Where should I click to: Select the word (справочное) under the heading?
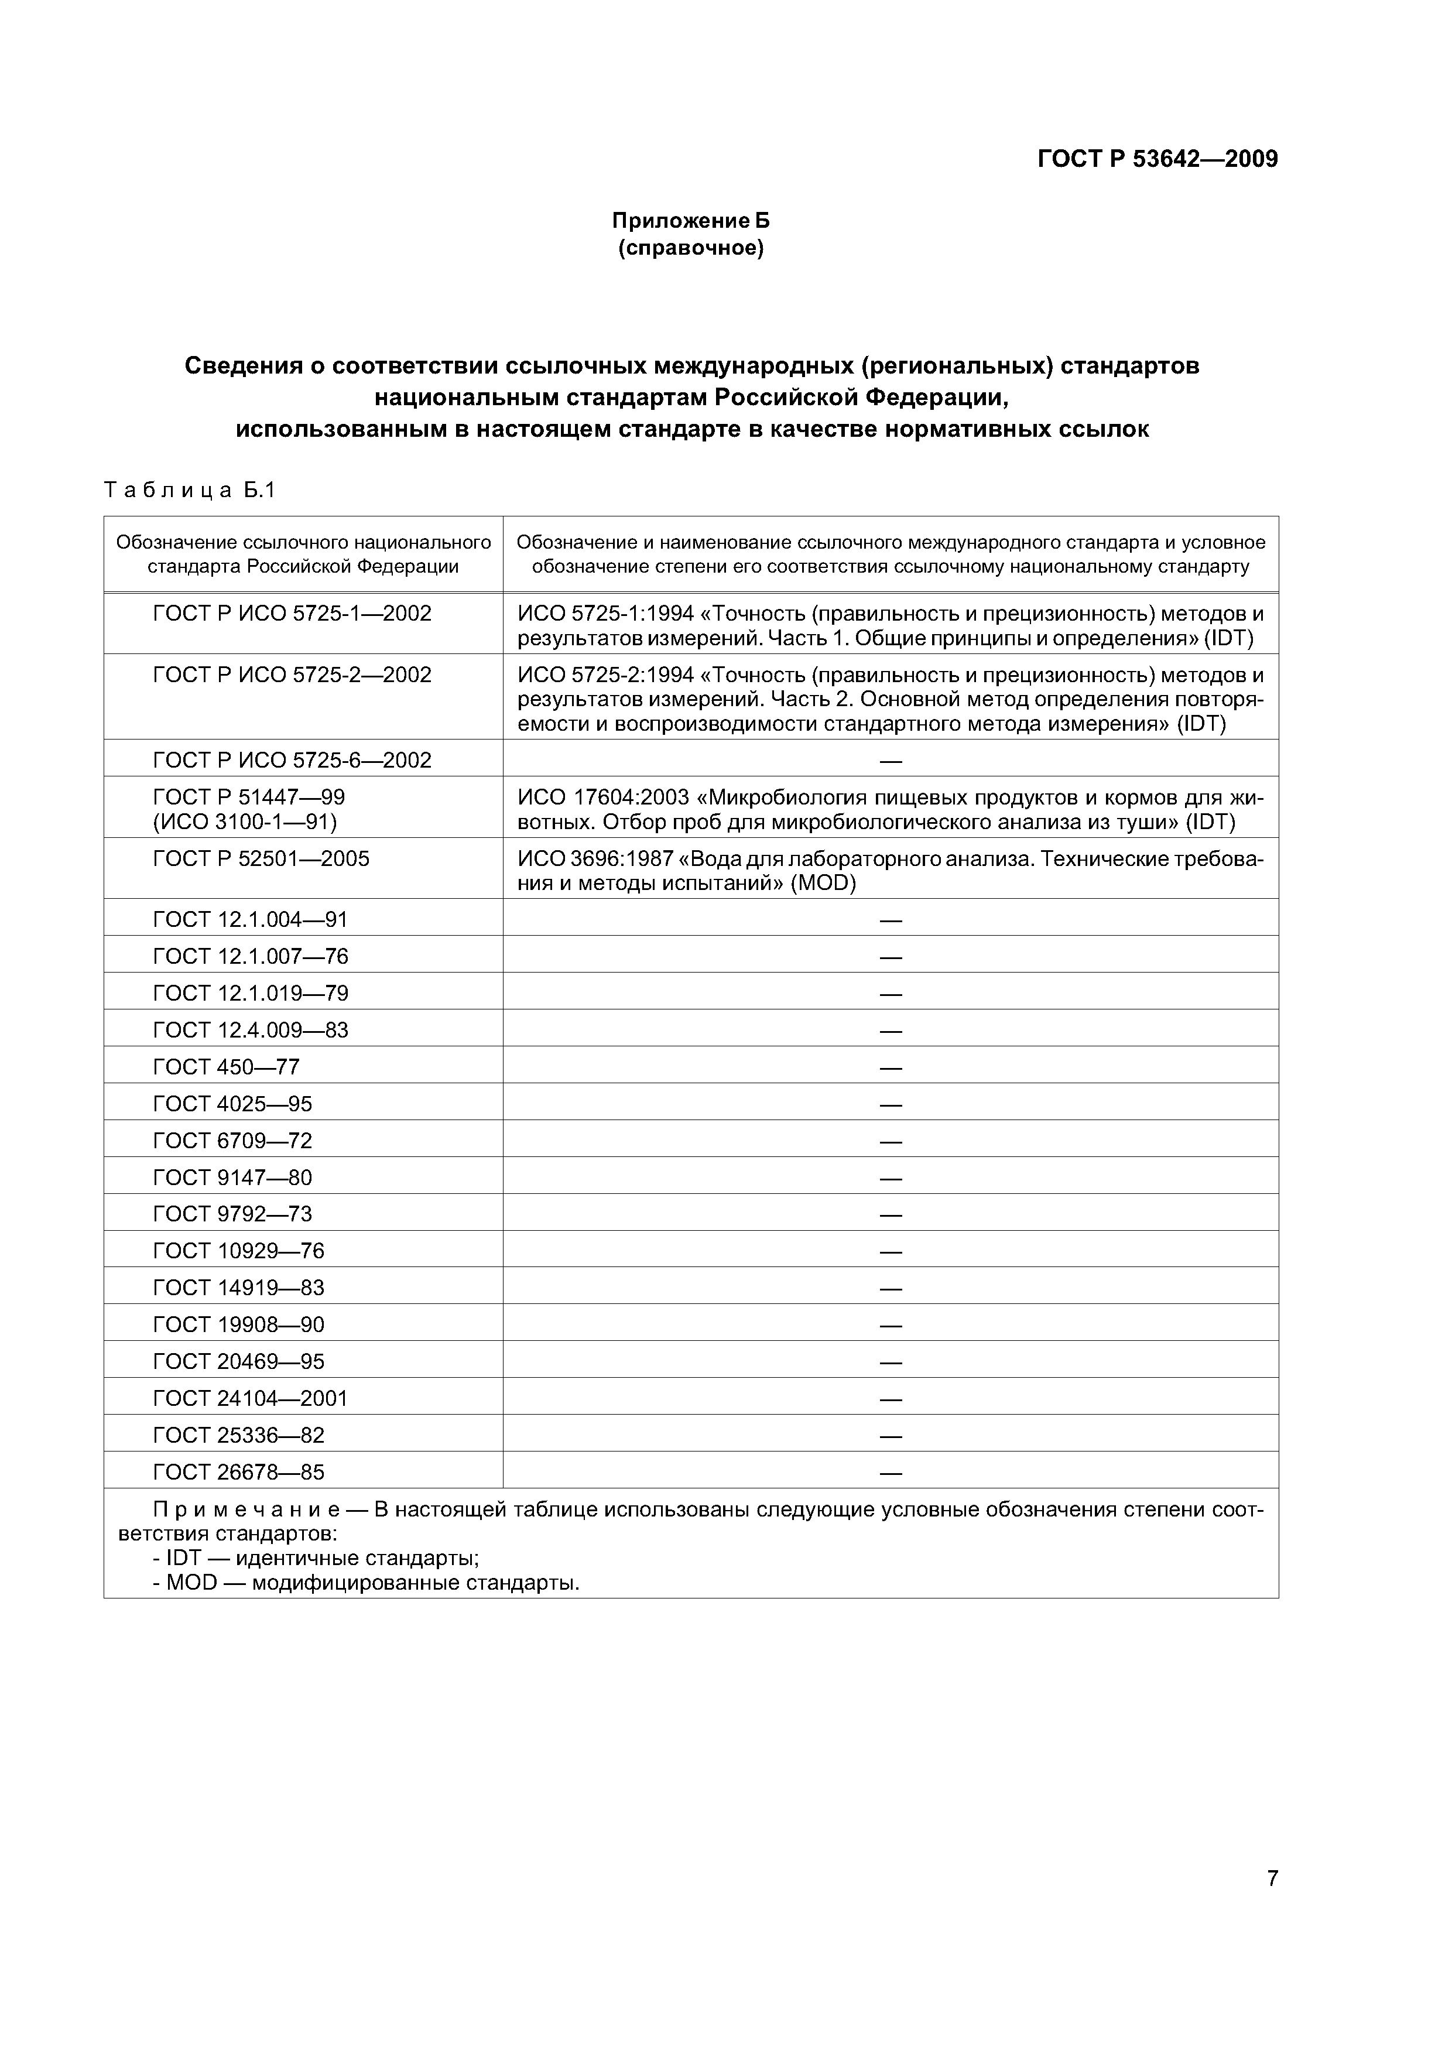[691, 248]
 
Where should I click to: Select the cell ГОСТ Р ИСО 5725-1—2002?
[293, 614]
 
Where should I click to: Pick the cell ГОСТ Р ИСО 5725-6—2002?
[293, 761]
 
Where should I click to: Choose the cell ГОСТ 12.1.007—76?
[251, 956]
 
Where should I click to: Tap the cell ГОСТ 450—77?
[227, 1067]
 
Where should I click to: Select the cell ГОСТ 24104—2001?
[251, 1398]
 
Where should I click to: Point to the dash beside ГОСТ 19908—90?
[890, 1325]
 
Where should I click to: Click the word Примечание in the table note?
[246, 1510]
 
